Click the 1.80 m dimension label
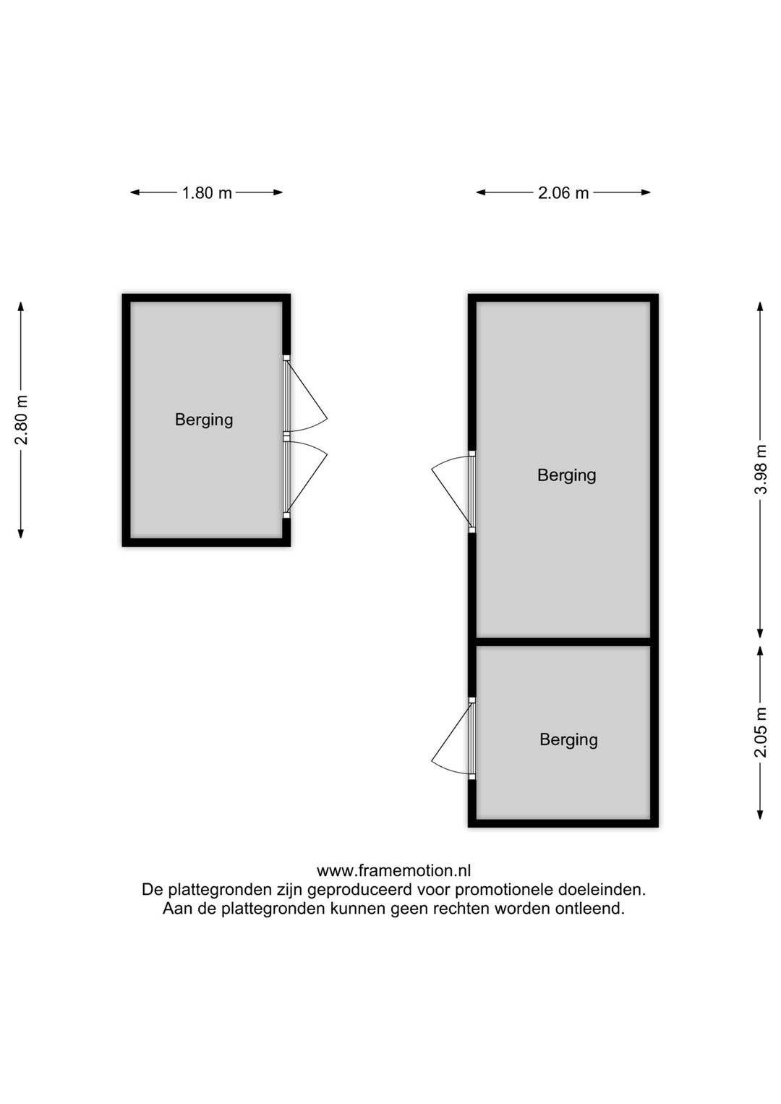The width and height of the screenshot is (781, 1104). point(207,192)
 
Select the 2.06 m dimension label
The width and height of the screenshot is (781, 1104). point(563,192)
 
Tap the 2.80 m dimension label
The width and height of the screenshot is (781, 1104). point(21,420)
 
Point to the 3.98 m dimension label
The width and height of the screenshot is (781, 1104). point(761,470)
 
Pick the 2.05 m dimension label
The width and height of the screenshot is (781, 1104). point(761,732)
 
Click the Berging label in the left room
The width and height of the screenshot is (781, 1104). point(204,420)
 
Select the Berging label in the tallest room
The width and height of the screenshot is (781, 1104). point(567,475)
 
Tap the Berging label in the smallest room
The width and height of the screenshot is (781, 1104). point(568,739)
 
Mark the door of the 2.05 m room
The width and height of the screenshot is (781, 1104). point(451,739)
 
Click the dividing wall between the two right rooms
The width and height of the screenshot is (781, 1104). point(563,642)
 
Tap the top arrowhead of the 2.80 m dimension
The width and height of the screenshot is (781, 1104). point(21,307)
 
